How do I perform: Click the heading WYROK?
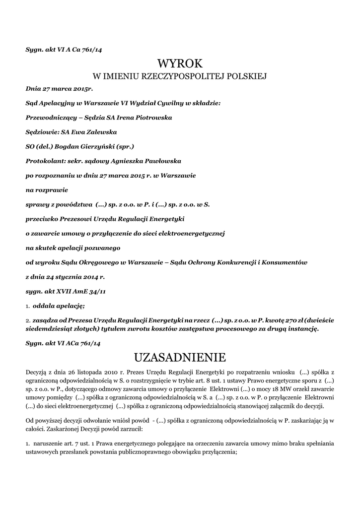pyautogui.click(x=180, y=63)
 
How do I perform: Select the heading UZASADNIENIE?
pyautogui.click(x=180, y=357)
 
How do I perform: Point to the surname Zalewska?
pyautogui.click(x=99, y=132)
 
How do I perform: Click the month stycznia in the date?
pyautogui.click(x=71, y=276)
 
